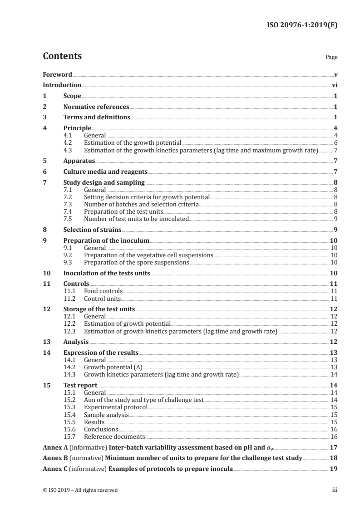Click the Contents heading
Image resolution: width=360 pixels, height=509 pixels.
[x=62, y=56]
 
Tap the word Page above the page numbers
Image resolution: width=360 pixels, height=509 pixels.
[x=331, y=58]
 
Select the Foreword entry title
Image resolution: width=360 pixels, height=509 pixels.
[x=57, y=74]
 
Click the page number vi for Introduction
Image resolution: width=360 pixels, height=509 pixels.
[x=334, y=85]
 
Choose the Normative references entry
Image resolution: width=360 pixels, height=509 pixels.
[x=96, y=107]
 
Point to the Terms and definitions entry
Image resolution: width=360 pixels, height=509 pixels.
[x=97, y=117]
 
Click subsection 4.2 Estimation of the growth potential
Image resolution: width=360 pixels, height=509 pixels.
[x=133, y=142]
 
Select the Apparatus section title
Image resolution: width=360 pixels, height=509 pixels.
[x=79, y=161]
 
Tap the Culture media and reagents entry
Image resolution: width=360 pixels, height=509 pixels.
[x=105, y=172]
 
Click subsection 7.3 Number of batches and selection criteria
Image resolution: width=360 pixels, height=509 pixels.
[x=141, y=205]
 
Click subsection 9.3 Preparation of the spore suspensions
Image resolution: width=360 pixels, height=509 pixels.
[x=136, y=262]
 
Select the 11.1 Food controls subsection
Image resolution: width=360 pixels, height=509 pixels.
[x=103, y=291]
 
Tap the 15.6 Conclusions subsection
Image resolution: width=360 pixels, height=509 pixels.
[x=101, y=429]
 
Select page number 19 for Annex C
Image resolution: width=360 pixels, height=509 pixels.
[x=334, y=469]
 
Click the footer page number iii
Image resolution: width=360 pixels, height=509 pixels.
[x=335, y=490]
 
